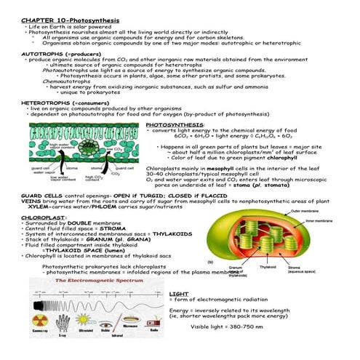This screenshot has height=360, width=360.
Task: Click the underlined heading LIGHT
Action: click(x=179, y=292)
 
